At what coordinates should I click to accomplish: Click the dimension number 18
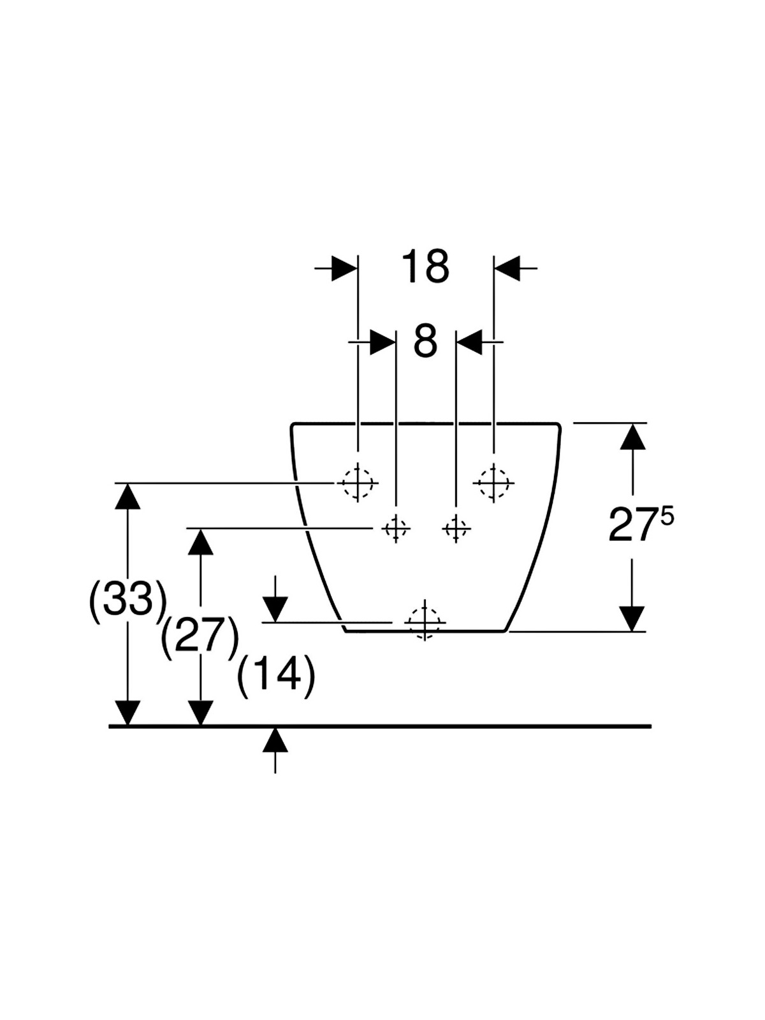coord(425,266)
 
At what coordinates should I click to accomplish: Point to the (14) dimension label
coord(276,674)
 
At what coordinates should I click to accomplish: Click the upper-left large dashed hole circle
coord(358,483)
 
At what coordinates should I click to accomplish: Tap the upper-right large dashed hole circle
coord(493,483)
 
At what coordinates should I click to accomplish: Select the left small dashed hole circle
coord(396,528)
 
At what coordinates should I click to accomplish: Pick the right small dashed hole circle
coord(456,528)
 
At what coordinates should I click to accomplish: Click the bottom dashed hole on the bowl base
coord(425,622)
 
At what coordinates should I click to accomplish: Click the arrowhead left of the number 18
coord(344,268)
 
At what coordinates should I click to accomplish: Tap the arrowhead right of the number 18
coord(507,268)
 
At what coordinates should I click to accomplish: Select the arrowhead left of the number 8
coord(382,342)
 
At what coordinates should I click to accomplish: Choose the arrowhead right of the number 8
coord(469,342)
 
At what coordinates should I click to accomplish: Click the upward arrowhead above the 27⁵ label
coord(632,436)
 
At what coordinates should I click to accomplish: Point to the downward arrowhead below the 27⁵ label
coord(632,618)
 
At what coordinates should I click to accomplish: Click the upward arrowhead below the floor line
coord(275,739)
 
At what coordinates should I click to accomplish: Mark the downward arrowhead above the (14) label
coord(275,609)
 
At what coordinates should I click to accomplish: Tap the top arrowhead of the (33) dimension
coord(127,496)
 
